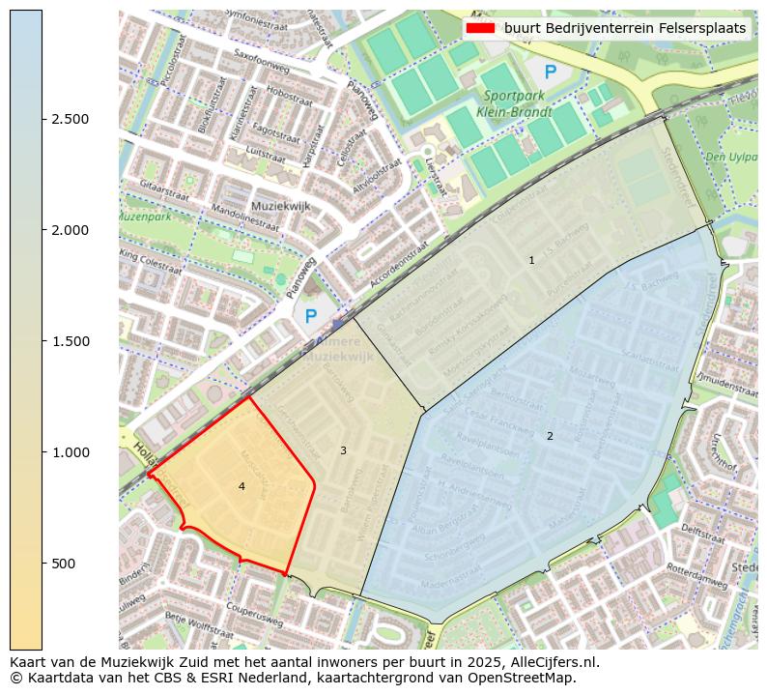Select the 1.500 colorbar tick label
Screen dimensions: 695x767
click(x=71, y=341)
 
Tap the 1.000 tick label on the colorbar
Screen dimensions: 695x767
click(x=71, y=452)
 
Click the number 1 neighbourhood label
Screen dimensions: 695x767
click(x=531, y=260)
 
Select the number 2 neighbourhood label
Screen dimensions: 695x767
click(x=550, y=436)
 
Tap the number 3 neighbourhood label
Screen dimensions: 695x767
click(x=343, y=450)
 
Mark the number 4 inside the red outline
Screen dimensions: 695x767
click(x=241, y=486)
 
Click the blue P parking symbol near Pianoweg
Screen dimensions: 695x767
click(x=310, y=316)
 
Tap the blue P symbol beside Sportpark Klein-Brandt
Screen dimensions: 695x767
click(x=550, y=71)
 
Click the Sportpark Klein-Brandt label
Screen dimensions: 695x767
click(x=518, y=103)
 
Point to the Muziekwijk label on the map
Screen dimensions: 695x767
click(x=277, y=206)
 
